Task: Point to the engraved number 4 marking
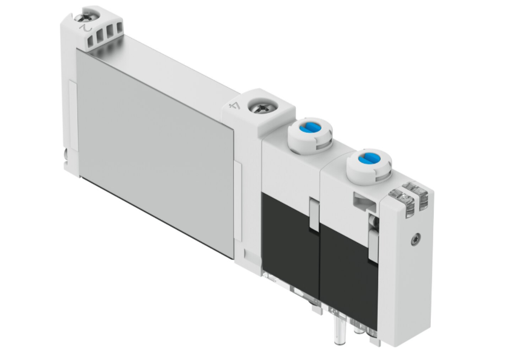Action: (x=236, y=106)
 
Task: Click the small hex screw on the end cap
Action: (x=416, y=239)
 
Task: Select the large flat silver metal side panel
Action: (x=155, y=153)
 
